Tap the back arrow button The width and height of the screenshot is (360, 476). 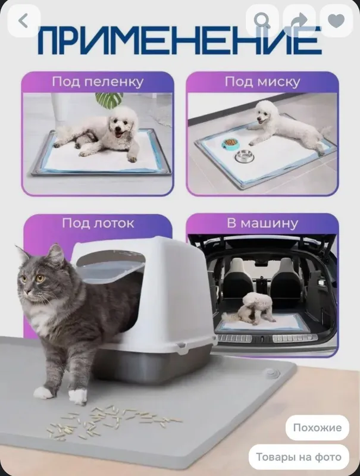(23, 21)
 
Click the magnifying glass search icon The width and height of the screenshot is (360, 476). (262, 21)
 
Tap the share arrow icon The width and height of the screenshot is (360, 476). (299, 21)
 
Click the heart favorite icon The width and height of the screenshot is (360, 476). (336, 21)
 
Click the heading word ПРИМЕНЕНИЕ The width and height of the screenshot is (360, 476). (180, 41)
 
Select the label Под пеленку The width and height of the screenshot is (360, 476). (98, 82)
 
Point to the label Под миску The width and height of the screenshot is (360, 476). (262, 82)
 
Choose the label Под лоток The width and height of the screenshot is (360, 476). (98, 223)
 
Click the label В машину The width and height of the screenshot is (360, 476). (262, 223)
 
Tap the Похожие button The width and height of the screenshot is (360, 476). (317, 428)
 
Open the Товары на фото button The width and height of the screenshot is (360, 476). (299, 457)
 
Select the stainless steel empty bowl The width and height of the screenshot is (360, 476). (245, 156)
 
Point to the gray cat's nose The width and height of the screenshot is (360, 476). (27, 292)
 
